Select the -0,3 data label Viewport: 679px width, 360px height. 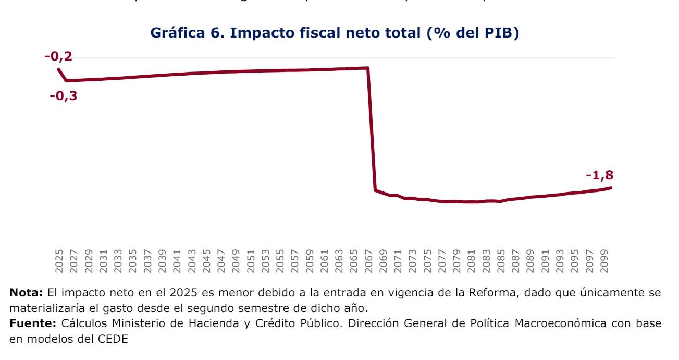[63, 96]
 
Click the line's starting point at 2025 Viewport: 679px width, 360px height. [59, 69]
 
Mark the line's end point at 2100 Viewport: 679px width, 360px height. [611, 187]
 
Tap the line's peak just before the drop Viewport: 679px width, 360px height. [368, 68]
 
